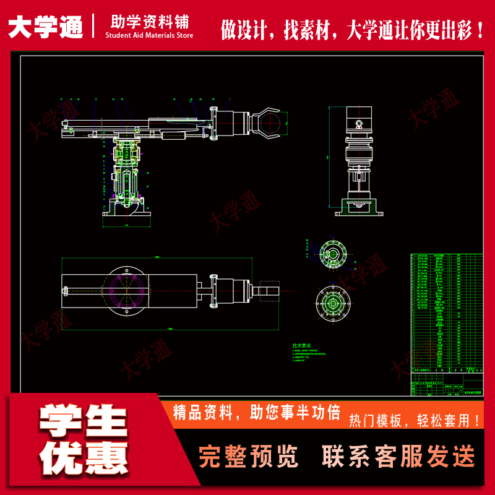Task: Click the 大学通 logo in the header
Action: pyautogui.click(x=46, y=27)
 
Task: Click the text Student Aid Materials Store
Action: pyautogui.click(x=149, y=36)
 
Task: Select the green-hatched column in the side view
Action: pyautogui.click(x=126, y=167)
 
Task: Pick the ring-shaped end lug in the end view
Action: pyautogui.click(x=357, y=124)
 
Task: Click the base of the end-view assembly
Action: pyautogui.click(x=357, y=211)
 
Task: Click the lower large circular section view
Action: pyautogui.click(x=334, y=304)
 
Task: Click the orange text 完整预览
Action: pyautogui.click(x=248, y=457)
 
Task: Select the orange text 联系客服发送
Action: pyautogui.click(x=398, y=457)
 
